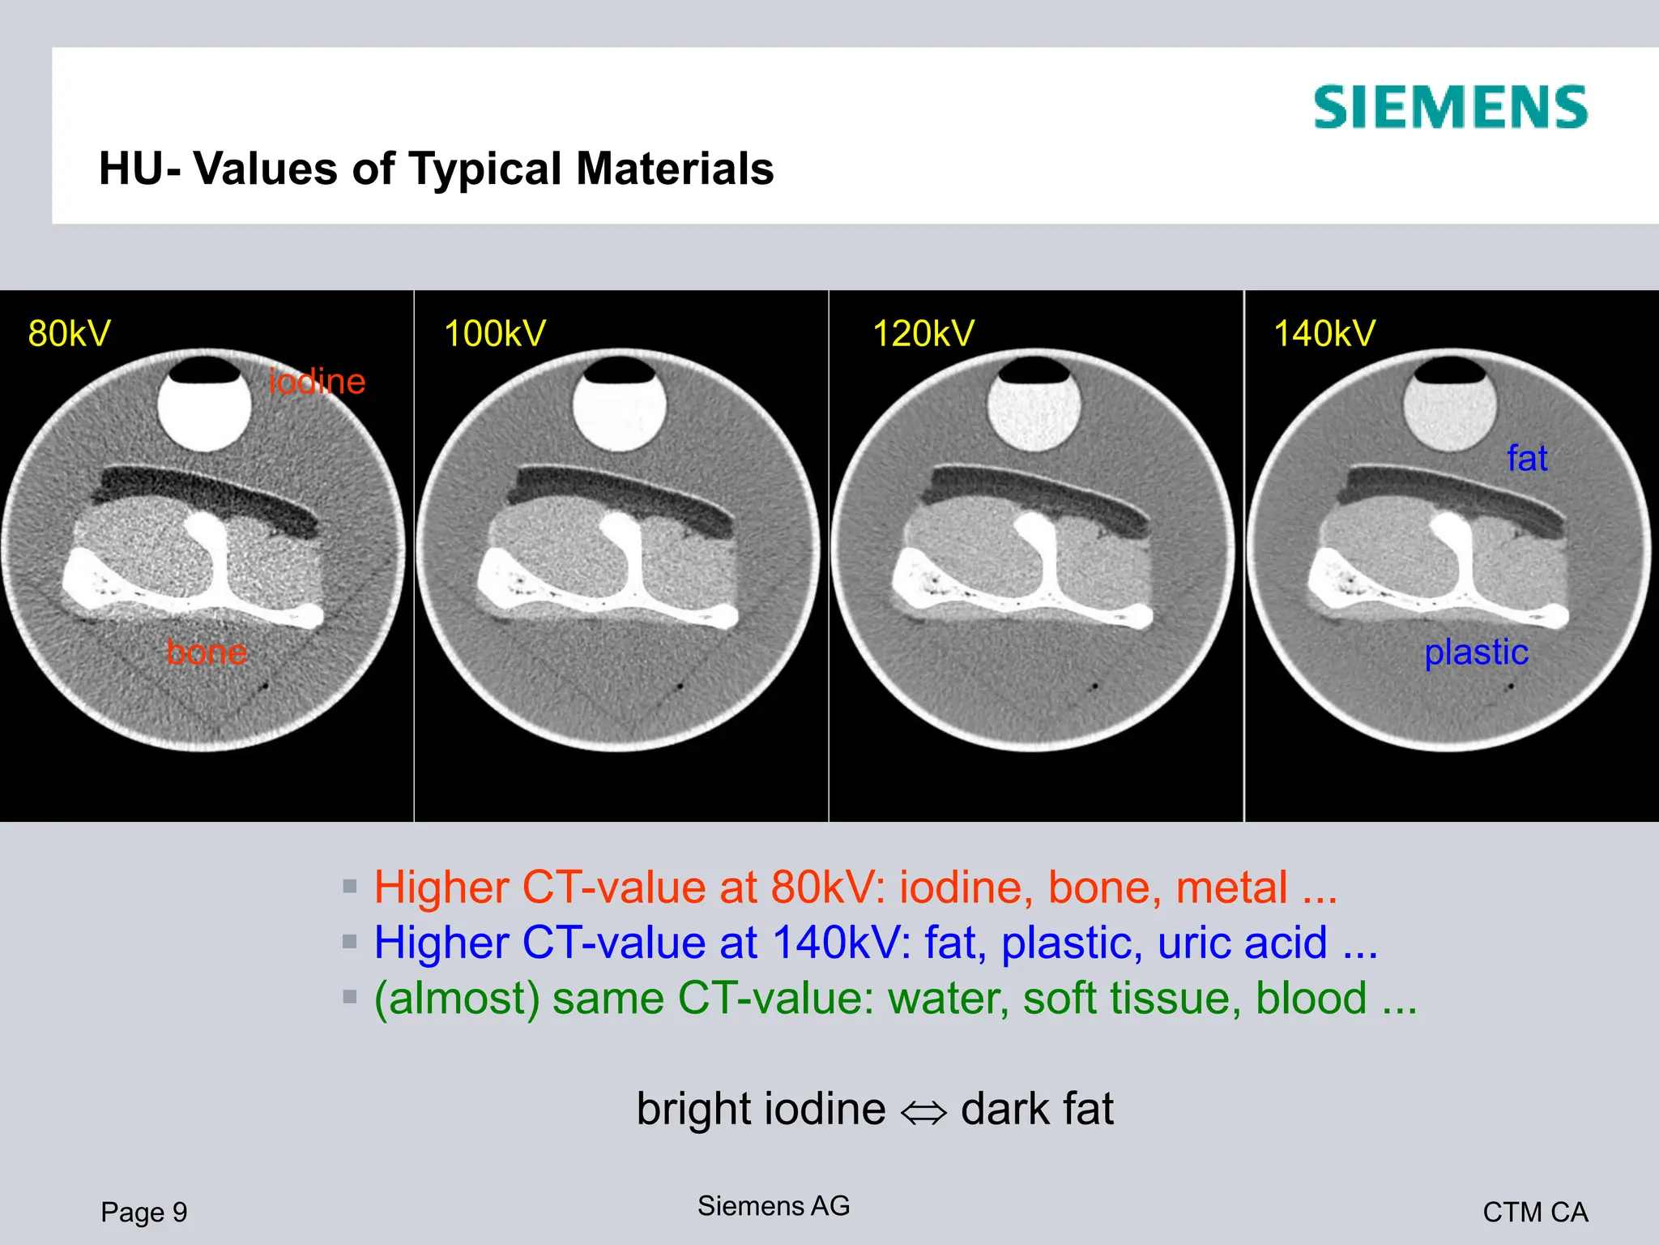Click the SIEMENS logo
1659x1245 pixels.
tap(1450, 107)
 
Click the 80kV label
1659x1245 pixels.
tap(69, 333)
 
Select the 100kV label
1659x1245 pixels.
tap(495, 333)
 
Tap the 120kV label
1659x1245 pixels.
tap(923, 333)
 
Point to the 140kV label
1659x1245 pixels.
tap(1324, 333)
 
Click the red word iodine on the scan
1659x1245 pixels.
tap(317, 381)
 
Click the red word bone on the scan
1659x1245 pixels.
tap(207, 652)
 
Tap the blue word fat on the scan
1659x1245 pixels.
tap(1527, 458)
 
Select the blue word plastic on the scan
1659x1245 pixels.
tap(1476, 652)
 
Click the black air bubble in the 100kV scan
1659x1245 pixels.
tap(620, 371)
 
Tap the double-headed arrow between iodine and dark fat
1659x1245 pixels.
tap(923, 1112)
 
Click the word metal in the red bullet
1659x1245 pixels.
tap(1231, 888)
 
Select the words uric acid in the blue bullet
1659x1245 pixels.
tap(1243, 943)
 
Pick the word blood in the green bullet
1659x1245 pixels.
tap(1311, 998)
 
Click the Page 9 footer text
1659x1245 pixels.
tap(144, 1212)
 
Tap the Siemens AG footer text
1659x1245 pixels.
tap(774, 1206)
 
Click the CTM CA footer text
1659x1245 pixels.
tap(1535, 1212)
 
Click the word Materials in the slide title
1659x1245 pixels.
tap(675, 169)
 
